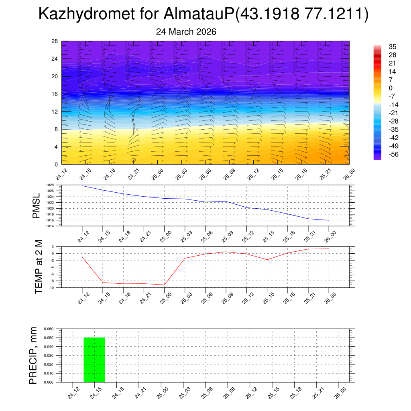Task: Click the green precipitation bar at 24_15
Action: (x=94, y=360)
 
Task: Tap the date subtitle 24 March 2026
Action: (x=186, y=32)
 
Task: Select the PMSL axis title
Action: (x=36, y=205)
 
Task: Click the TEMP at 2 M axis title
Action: (x=39, y=267)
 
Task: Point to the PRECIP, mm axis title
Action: (x=33, y=355)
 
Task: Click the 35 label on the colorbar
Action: (x=393, y=47)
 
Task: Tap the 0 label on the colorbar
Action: (x=391, y=88)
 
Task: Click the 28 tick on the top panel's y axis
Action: (x=55, y=41)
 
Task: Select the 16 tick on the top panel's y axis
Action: (x=55, y=94)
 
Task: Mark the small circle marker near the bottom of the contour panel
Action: (x=133, y=160)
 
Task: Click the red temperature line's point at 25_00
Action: (x=164, y=285)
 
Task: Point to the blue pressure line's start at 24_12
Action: (x=82, y=185)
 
